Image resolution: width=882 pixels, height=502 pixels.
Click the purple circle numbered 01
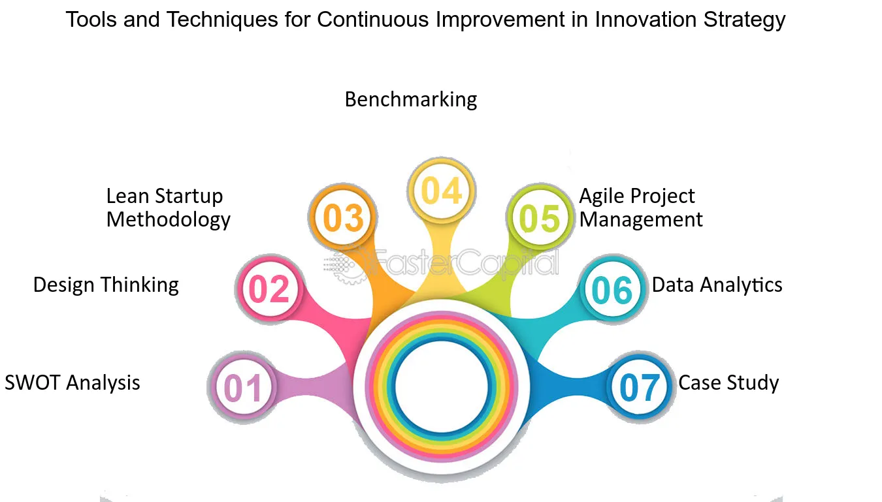point(243,388)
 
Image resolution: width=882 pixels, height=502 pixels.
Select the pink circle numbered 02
point(270,289)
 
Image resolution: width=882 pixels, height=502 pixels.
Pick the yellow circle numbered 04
point(442,191)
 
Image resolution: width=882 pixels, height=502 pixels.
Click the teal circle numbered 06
point(612,289)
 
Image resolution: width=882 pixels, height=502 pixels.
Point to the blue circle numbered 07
point(640,388)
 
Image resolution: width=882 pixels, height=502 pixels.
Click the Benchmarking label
point(411,99)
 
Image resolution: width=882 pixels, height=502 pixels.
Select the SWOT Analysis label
point(73,383)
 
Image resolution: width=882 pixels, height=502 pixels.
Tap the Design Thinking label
point(106,285)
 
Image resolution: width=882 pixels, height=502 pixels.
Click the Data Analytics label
point(717,285)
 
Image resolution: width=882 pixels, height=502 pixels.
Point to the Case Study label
point(728,383)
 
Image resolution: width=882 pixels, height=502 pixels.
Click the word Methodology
point(168,220)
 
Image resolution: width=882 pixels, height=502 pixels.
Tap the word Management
point(641,219)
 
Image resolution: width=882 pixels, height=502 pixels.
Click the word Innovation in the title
point(645,20)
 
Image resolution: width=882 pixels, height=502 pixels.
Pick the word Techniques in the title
point(223,20)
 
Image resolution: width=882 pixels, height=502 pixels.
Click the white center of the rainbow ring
point(442,386)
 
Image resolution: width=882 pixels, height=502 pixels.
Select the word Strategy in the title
point(744,20)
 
